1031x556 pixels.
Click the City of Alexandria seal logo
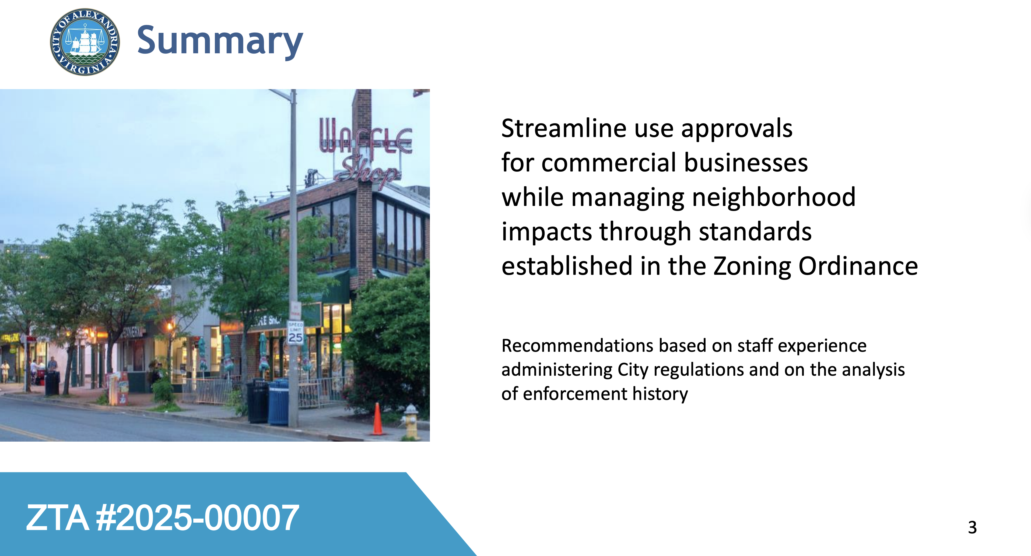(x=85, y=42)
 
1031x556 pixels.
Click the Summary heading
(x=220, y=41)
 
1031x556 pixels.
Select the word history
(x=660, y=394)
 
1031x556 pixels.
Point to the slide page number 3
(x=972, y=527)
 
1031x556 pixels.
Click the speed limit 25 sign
(x=295, y=332)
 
